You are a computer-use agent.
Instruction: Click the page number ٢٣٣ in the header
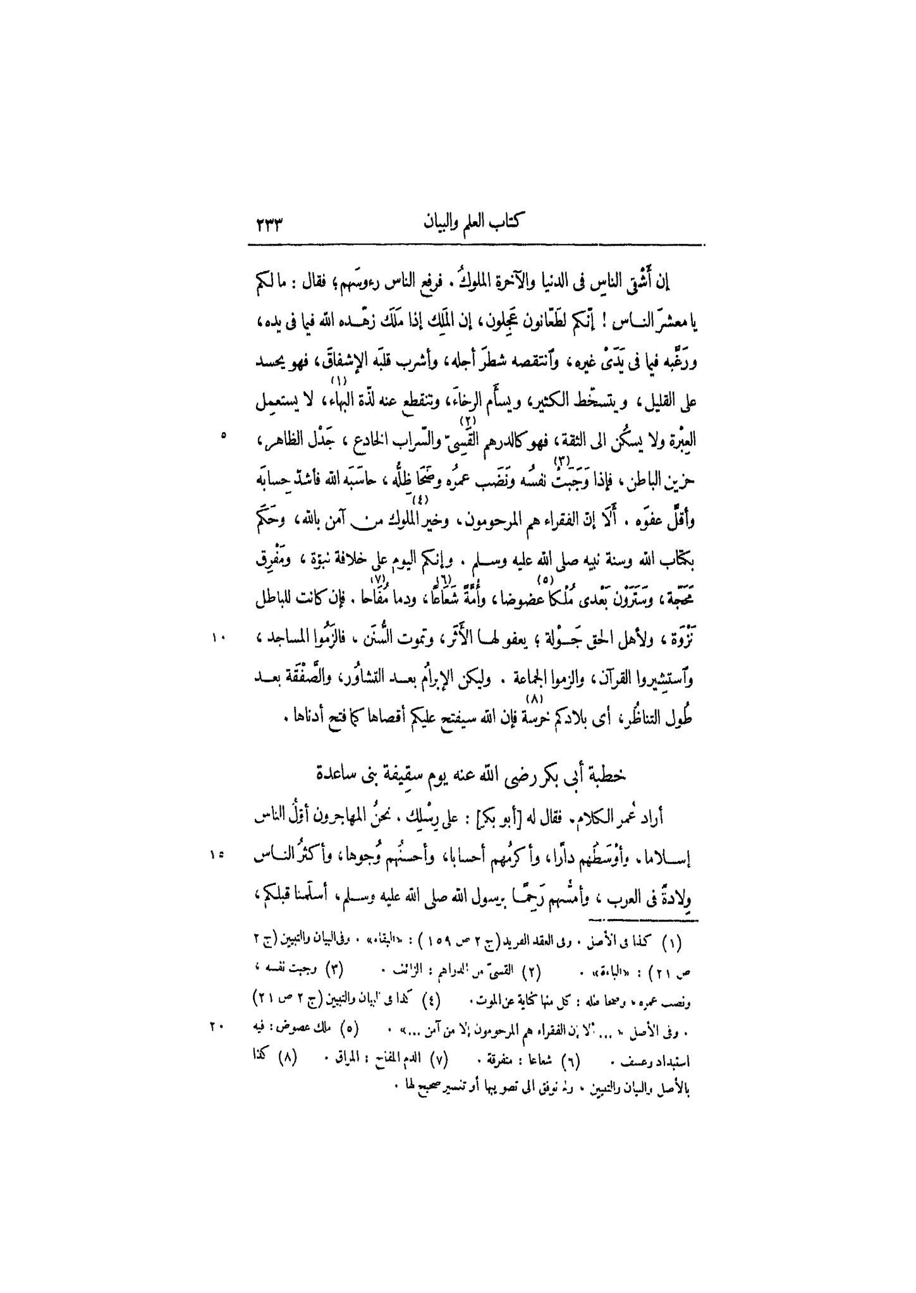[269, 224]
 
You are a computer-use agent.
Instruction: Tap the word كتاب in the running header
[510, 224]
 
